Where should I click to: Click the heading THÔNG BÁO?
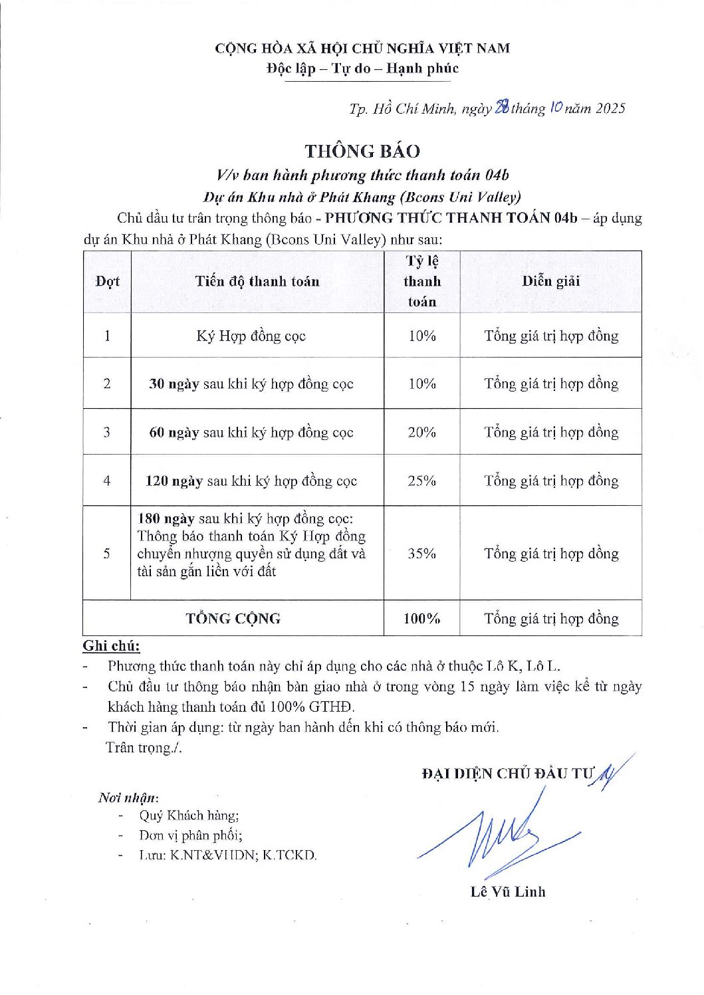coord(362,151)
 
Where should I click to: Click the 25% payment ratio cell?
coord(421,481)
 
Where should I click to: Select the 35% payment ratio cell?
coord(421,554)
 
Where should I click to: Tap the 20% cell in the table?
coord(421,433)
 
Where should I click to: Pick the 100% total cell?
coord(421,619)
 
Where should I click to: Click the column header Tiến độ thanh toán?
coord(257,281)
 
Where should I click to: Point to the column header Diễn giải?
coord(550,281)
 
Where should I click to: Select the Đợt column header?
coord(107,281)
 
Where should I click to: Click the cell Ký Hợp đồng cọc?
coord(251,336)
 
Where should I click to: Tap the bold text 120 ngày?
coord(174,481)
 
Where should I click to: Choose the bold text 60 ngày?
coord(174,433)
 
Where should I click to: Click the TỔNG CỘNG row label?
coord(233,619)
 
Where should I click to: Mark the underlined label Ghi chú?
coord(111,646)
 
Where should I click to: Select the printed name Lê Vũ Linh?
coord(508,892)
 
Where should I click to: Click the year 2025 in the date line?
coord(610,108)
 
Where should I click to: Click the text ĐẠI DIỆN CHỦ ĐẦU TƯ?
coord(507,773)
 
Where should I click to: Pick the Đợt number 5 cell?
coord(107,554)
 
